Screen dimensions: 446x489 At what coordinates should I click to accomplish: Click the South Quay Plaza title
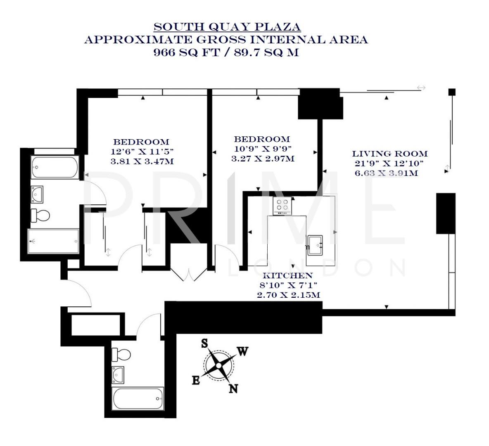(227, 27)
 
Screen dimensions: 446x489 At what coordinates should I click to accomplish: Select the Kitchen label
(288, 275)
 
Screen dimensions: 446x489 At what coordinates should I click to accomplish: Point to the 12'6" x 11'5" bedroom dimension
(142, 151)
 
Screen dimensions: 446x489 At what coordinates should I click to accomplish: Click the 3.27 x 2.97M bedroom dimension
(263, 158)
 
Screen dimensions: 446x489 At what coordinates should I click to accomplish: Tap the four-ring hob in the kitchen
(282, 205)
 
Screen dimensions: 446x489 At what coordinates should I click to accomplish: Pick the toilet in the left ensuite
(40, 215)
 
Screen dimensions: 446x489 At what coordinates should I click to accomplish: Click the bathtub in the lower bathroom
(138, 398)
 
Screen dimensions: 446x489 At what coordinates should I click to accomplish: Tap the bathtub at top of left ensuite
(55, 167)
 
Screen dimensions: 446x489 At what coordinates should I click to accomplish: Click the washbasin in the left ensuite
(38, 193)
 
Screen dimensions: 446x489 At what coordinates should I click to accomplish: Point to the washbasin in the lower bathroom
(119, 374)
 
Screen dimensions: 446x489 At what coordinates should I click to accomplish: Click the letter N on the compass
(233, 388)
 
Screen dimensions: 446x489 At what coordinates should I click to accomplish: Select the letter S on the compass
(204, 343)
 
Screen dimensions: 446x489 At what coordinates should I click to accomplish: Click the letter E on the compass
(196, 380)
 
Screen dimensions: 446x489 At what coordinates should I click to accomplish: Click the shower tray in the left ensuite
(53, 241)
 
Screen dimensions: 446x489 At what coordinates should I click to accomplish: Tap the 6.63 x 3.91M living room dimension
(386, 173)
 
